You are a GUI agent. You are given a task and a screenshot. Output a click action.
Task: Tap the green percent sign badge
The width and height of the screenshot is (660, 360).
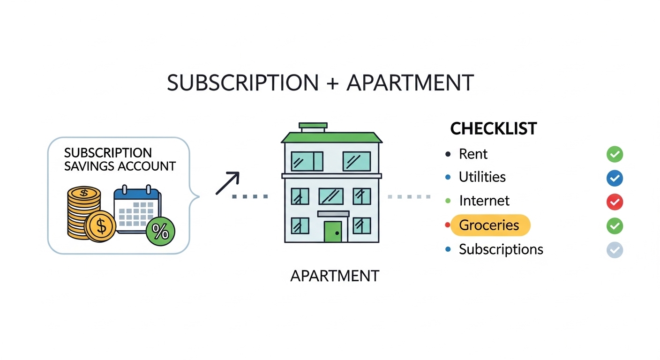160,232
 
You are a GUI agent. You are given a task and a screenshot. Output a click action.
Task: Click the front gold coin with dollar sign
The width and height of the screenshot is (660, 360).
100,226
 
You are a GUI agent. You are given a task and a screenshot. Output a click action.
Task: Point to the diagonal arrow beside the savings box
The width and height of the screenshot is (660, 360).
227,183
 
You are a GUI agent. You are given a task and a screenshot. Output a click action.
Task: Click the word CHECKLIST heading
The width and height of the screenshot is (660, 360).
494,129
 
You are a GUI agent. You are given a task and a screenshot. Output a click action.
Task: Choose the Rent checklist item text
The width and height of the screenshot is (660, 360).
473,154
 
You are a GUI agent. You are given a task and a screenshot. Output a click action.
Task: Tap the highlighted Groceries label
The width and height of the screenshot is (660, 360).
489,225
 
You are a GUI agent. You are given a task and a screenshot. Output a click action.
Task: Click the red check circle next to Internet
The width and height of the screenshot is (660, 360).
615,202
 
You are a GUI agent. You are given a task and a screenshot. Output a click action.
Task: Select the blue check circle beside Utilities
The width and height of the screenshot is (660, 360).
615,178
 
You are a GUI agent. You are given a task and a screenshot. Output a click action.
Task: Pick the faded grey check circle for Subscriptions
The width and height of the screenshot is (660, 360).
615,250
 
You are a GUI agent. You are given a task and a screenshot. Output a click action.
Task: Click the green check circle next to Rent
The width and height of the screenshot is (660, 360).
615,154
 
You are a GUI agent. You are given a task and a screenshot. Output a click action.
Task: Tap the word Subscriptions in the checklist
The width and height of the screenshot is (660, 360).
501,249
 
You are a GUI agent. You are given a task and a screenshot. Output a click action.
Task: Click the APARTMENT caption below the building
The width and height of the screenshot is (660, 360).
335,276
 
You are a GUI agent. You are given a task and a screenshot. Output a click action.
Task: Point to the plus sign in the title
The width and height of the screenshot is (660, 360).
333,83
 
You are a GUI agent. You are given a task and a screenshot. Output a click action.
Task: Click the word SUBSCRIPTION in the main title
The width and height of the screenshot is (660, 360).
243,83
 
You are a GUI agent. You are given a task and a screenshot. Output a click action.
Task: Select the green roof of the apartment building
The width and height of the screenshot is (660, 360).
331,137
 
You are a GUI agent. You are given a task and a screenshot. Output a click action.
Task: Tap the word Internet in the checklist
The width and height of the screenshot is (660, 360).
484,201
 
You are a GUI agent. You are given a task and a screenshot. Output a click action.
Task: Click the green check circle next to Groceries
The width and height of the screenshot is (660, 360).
615,226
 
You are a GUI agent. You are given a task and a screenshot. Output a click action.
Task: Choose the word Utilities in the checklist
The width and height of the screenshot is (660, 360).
482,177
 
